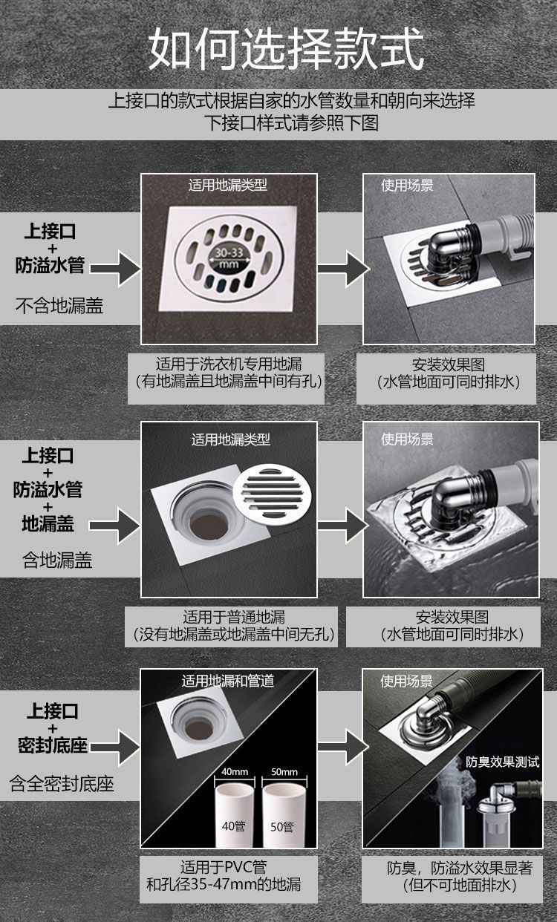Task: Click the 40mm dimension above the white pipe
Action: [235, 772]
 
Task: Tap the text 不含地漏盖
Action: [59, 305]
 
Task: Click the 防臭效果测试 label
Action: [503, 762]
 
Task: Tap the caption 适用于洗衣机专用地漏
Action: [229, 364]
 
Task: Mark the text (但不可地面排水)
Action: [459, 886]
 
